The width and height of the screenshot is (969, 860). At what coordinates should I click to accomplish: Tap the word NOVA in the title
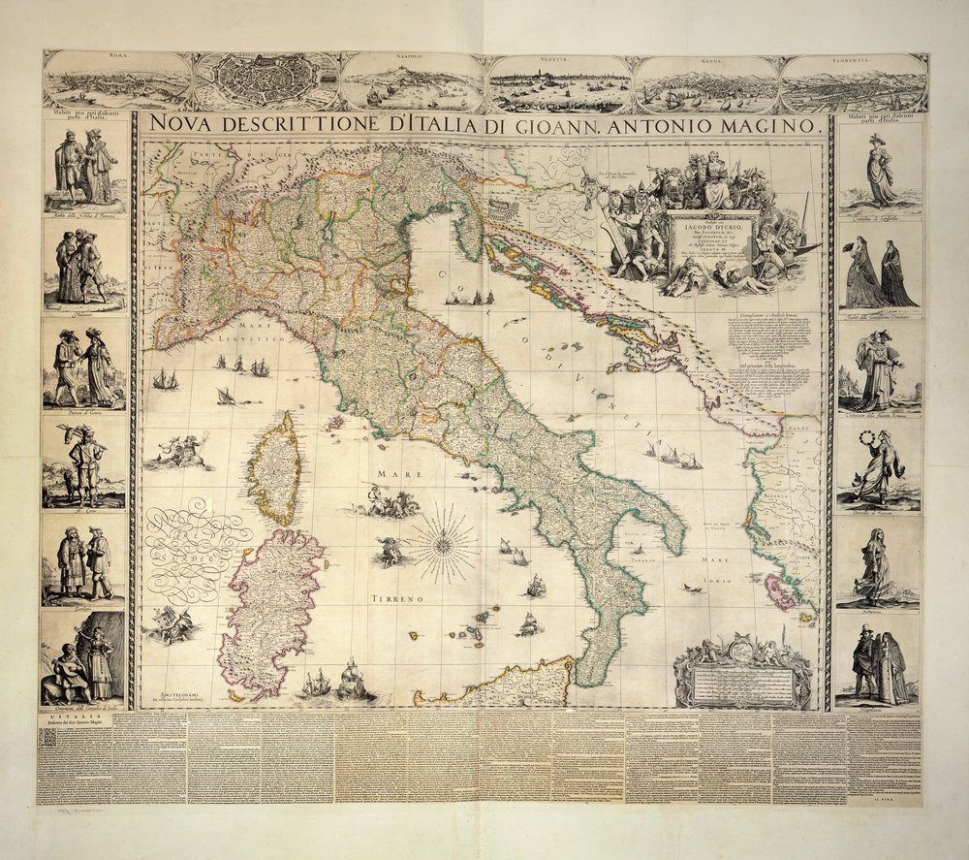click(184, 125)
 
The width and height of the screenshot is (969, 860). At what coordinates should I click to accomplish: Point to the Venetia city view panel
click(559, 81)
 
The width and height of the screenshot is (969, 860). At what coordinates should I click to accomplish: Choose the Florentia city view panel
click(854, 81)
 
